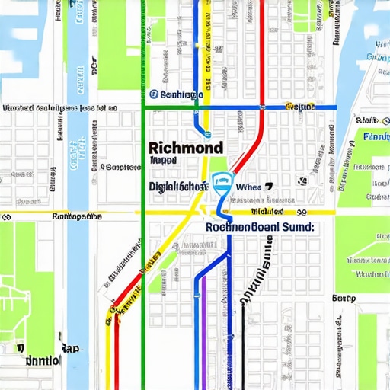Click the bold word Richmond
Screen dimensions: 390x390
[186, 147]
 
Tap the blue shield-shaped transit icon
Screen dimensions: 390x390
[222, 183]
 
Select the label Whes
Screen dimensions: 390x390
[248, 187]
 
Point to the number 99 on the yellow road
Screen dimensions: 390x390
[302, 213]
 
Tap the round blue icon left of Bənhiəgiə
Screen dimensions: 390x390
[153, 94]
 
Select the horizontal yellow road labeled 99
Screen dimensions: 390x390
[76, 213]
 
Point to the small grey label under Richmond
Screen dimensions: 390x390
[162, 161]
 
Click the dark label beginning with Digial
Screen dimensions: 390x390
[178, 186]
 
